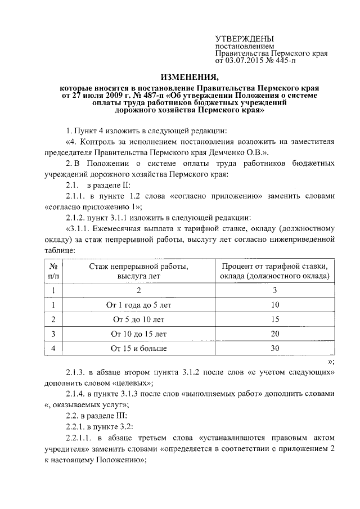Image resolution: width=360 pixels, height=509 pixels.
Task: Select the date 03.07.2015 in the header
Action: point(246,60)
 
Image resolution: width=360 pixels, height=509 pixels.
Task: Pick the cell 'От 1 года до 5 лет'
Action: point(138,305)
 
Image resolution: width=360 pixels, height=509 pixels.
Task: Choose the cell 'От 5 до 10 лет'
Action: point(138,319)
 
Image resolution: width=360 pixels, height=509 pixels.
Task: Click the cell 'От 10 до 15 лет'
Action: point(138,334)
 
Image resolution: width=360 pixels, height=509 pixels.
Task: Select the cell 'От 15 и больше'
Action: point(138,349)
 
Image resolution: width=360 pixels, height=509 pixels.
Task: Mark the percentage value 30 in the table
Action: point(275,349)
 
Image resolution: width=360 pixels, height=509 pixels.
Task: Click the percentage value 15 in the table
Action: point(275,319)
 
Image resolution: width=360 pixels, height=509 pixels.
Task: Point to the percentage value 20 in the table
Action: point(275,334)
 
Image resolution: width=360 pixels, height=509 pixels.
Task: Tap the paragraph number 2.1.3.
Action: point(76,372)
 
